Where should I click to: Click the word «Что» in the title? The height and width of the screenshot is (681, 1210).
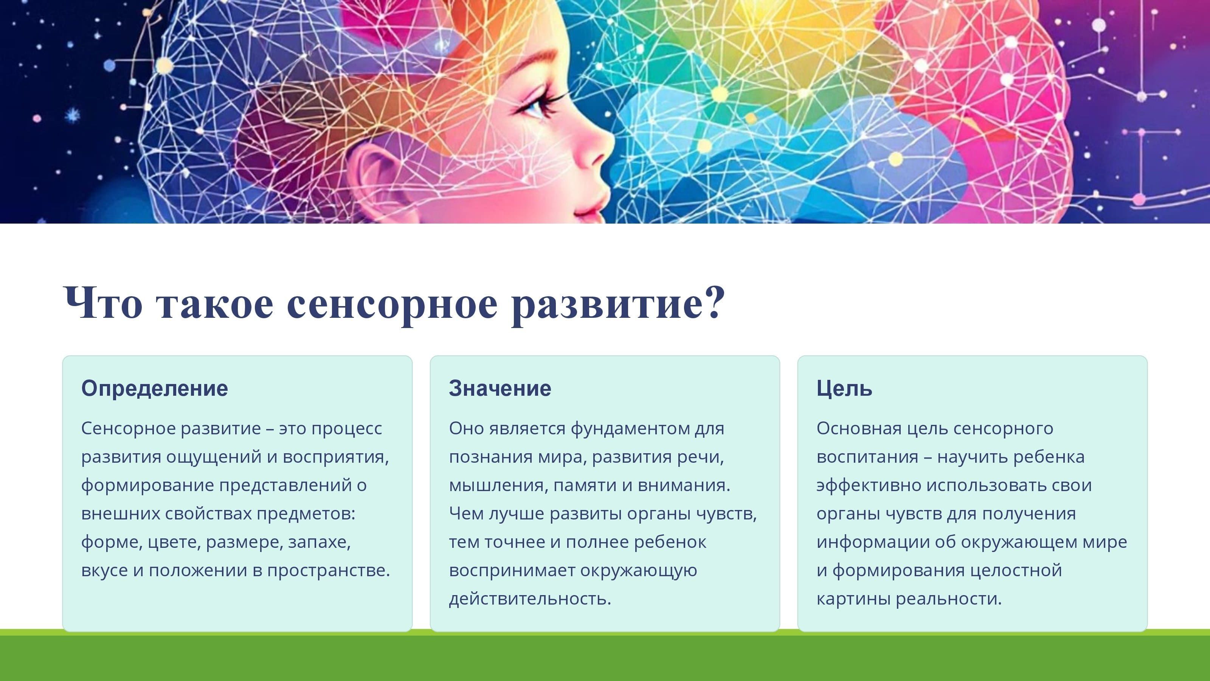pos(103,303)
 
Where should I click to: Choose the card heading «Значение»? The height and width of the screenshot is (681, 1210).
pos(500,389)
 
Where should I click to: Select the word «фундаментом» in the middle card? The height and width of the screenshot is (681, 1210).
pos(630,429)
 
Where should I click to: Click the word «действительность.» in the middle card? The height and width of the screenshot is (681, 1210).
pos(530,599)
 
